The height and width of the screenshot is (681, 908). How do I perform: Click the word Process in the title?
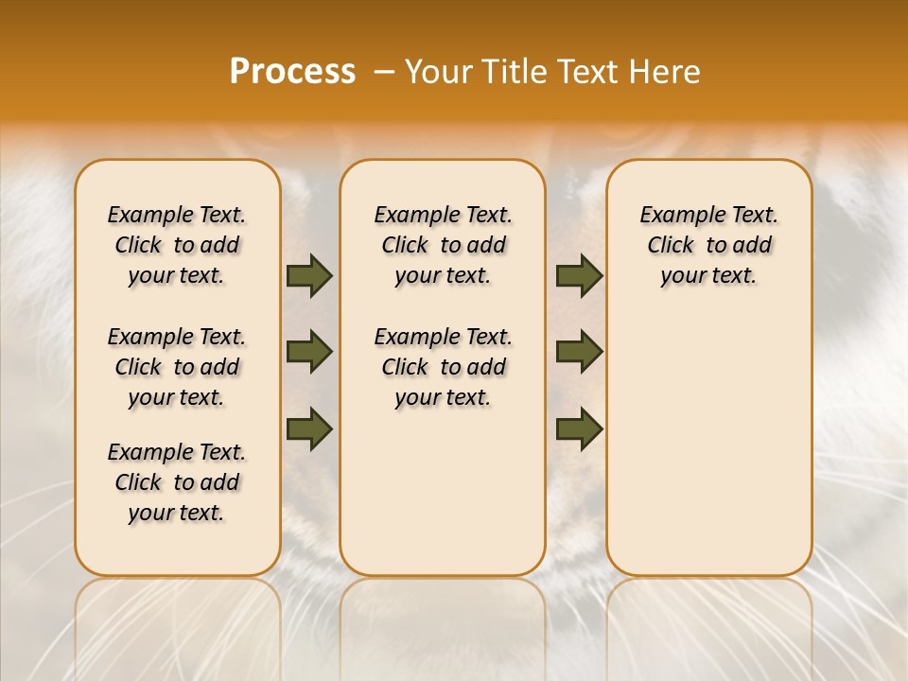tap(292, 72)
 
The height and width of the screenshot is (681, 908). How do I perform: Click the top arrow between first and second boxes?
tap(309, 276)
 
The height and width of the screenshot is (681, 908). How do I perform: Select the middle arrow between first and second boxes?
tap(309, 352)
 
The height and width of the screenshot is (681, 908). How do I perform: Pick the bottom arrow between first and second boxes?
tap(309, 428)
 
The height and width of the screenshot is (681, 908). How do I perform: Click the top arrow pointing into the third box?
tap(579, 276)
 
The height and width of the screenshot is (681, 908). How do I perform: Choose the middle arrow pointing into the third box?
tap(579, 352)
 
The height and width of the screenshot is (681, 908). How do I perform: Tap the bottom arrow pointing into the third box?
tap(579, 428)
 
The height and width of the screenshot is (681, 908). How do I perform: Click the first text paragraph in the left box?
tap(177, 245)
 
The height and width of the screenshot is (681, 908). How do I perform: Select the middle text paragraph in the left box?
tap(177, 367)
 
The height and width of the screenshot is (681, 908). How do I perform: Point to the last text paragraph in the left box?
tap(177, 482)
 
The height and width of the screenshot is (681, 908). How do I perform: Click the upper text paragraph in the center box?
tap(443, 245)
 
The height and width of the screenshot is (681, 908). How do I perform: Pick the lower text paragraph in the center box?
tap(443, 367)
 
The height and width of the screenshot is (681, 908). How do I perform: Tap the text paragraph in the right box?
tap(708, 245)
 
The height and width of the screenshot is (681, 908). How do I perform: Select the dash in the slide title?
tap(385, 73)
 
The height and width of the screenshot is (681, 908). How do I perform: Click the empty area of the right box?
tap(708, 435)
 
